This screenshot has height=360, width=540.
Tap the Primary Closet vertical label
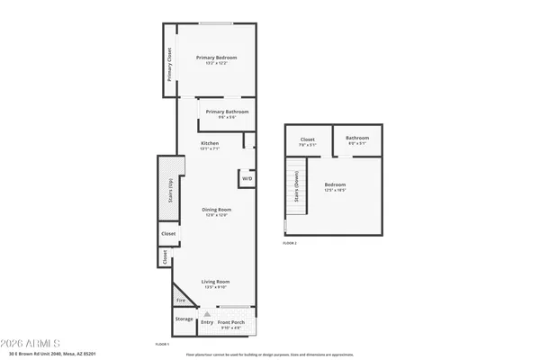pos(169,65)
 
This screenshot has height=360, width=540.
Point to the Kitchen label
pos(210,143)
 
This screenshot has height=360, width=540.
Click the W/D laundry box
pos(247,179)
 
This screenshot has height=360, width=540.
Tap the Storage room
pos(184,319)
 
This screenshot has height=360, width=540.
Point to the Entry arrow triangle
pos(205,314)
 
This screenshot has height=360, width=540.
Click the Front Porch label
pos(231,321)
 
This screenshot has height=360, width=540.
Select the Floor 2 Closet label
pos(307,139)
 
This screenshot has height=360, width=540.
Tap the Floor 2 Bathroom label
pos(357,139)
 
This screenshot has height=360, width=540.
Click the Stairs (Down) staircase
pos(295,189)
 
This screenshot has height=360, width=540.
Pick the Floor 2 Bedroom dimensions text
pos(335,190)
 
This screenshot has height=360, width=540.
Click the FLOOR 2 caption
pos(289,243)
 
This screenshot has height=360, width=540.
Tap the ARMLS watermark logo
pos(33,343)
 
